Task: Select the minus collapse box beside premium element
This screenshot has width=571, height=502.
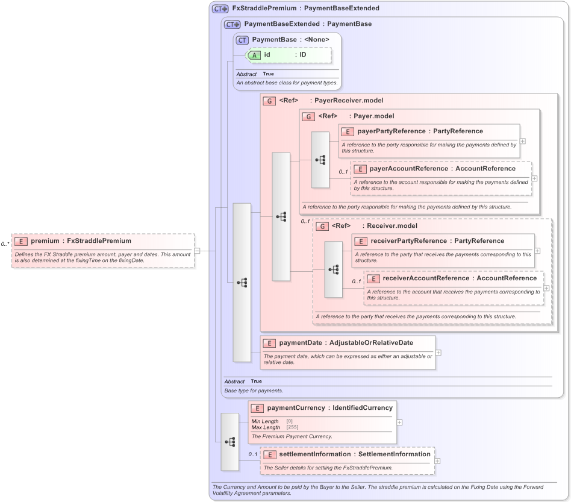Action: coord(197,251)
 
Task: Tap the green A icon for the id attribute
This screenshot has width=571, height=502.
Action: coord(255,55)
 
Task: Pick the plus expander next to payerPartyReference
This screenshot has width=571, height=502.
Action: coord(522,141)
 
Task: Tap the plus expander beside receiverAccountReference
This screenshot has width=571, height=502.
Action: coord(546,288)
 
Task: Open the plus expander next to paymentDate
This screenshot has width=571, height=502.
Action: coord(438,353)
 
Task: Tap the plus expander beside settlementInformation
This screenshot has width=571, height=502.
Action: coord(437,461)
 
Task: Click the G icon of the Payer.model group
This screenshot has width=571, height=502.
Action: coord(308,116)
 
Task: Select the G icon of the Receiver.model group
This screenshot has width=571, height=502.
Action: coord(322,227)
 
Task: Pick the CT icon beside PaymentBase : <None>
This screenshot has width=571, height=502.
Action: coord(242,40)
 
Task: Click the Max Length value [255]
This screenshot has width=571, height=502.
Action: coord(292,427)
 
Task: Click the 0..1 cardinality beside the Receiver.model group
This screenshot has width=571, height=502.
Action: coord(305,221)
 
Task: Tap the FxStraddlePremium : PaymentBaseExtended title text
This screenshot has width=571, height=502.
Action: coord(305,8)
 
